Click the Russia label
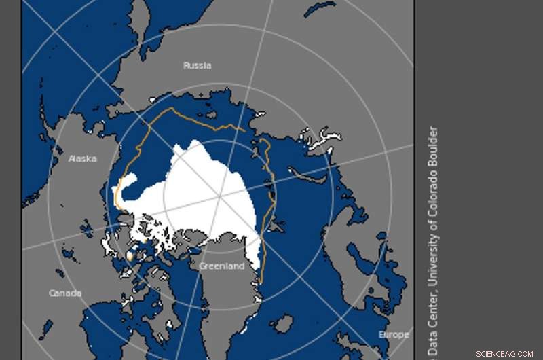[197, 66]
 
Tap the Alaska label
[82, 159]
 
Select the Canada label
[65, 293]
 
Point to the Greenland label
[221, 266]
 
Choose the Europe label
[394, 335]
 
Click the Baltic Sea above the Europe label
[380, 299]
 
